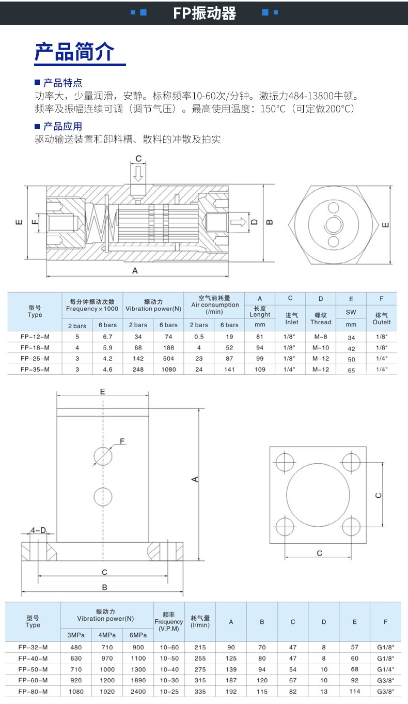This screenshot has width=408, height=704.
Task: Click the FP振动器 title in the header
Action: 205,13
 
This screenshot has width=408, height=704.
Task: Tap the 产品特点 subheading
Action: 62,83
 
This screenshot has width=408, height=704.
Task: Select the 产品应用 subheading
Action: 62,127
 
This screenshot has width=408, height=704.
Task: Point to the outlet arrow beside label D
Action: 238,222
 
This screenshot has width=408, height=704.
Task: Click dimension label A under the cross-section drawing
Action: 135,271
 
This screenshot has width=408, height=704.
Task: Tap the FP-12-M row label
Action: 35,336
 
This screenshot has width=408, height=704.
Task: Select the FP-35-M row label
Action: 35,369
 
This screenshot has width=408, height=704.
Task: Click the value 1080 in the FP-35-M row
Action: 168,370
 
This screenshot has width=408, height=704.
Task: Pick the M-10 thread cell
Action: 320,347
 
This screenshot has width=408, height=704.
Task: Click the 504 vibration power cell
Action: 168,358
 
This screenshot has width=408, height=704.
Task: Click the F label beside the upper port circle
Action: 122,441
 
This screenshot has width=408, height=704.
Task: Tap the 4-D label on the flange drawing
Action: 38,530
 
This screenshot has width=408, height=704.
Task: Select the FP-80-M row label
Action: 33,691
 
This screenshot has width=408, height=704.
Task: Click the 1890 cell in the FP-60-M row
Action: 138,680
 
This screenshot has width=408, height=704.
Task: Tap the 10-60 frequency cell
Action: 169,648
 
